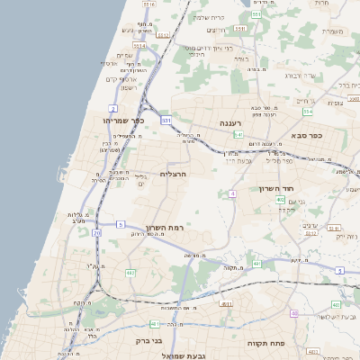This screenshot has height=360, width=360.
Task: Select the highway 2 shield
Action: pyautogui.click(x=115, y=134)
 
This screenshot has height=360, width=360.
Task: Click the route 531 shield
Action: pyautogui.click(x=166, y=119)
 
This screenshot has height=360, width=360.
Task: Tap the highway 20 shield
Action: pyautogui.click(x=96, y=233)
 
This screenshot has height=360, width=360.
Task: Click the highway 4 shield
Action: pyautogui.click(x=232, y=193)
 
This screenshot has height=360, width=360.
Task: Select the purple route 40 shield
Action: pyautogui.click(x=293, y=313)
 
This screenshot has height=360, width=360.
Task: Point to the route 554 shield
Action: pyautogui.click(x=308, y=112)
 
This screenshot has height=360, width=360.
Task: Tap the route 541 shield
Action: pyautogui.click(x=238, y=135)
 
